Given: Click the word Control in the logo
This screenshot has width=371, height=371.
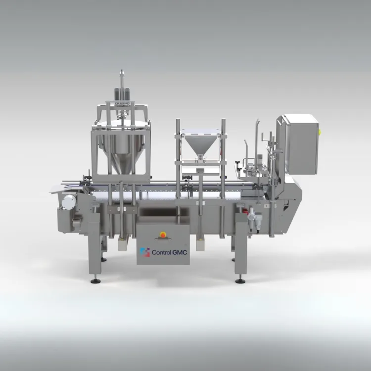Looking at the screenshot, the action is coord(161,252).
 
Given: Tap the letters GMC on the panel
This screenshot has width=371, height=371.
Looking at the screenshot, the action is coord(180,252).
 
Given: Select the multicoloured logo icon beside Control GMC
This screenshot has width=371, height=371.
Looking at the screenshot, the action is coord(145,252).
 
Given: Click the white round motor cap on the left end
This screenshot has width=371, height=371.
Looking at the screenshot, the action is coord(69,202).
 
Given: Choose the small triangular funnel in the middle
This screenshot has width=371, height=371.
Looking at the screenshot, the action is coord(200,147).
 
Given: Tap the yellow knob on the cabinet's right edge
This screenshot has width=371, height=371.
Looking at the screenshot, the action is coord(320,132).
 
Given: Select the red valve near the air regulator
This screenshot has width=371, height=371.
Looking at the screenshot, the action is coord(246,211).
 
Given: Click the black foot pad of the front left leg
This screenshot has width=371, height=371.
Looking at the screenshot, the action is coord(95,281).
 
